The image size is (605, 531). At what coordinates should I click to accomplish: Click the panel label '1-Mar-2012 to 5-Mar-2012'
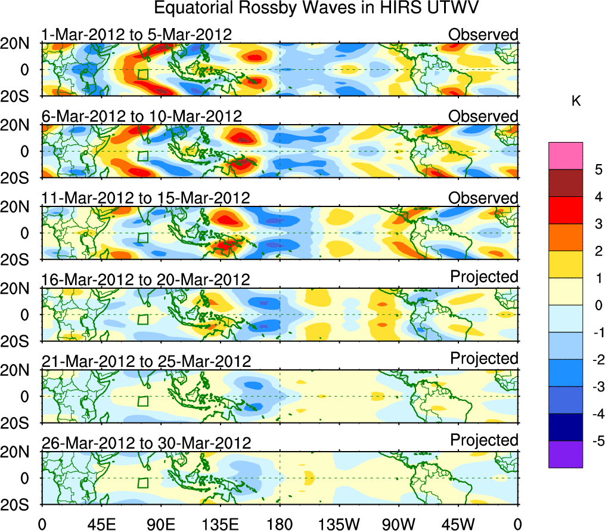click(x=136, y=35)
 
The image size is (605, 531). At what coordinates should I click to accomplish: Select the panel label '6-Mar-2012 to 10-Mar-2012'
click(x=141, y=116)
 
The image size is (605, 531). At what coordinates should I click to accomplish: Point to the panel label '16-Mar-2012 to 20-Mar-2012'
click(x=146, y=279)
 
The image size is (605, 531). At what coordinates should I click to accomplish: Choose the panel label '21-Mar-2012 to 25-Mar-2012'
click(x=146, y=361)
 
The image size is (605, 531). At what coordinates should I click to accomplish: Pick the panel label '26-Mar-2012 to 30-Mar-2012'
click(x=146, y=443)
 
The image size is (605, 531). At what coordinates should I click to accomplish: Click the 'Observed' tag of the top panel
click(x=483, y=35)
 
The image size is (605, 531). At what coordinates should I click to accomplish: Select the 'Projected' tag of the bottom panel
click(x=484, y=440)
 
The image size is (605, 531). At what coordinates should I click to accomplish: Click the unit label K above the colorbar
click(x=576, y=101)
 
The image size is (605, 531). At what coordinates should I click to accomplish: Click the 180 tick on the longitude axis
click(x=280, y=524)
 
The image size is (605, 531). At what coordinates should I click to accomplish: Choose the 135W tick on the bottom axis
click(x=340, y=524)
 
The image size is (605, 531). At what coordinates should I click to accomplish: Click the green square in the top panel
click(x=142, y=75)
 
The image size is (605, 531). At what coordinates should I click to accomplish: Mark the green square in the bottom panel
click(x=142, y=483)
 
